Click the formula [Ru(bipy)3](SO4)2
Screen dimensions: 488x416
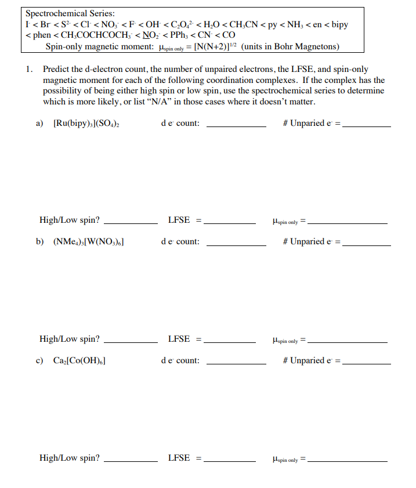click(86, 123)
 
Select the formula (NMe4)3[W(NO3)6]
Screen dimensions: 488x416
click(88, 242)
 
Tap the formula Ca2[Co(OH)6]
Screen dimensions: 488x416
click(78, 361)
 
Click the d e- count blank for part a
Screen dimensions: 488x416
click(236, 124)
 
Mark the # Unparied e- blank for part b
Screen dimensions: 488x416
click(367, 243)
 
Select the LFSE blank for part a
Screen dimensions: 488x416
click(229, 221)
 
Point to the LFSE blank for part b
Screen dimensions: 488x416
click(229, 340)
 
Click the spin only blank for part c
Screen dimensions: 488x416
click(348, 459)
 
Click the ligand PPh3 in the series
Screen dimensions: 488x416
click(179, 35)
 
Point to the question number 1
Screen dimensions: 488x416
click(29, 69)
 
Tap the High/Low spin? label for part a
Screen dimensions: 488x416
click(69, 220)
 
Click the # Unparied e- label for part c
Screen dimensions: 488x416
click(312, 361)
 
